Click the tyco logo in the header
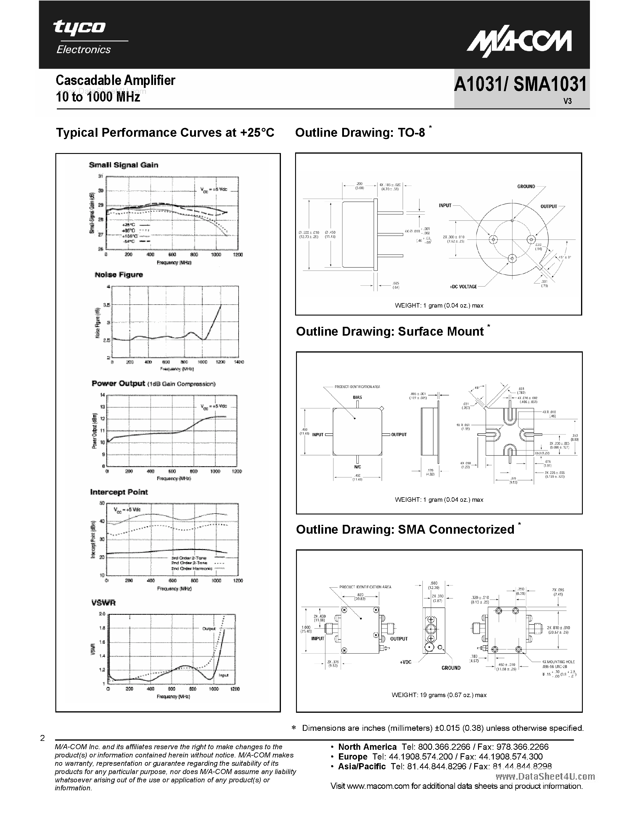tap(79, 28)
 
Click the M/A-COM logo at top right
tap(519, 43)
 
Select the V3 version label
tap(567, 101)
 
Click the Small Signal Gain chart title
tap(123, 165)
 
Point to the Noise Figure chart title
tap(119, 275)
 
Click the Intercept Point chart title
tap(119, 492)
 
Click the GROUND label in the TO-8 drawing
tap(526, 186)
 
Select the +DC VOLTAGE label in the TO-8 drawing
tap(463, 287)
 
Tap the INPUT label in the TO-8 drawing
tap(445, 205)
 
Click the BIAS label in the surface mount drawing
tap(357, 397)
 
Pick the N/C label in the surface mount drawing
tap(357, 466)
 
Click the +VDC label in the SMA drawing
tap(406, 662)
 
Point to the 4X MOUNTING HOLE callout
tap(558, 662)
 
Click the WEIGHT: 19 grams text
tap(439, 695)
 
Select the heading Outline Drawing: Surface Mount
tap(390, 331)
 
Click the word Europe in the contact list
tap(353, 757)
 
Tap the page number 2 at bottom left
tap(43, 738)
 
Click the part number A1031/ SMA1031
tap(520, 85)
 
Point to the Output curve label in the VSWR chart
tap(209, 628)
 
